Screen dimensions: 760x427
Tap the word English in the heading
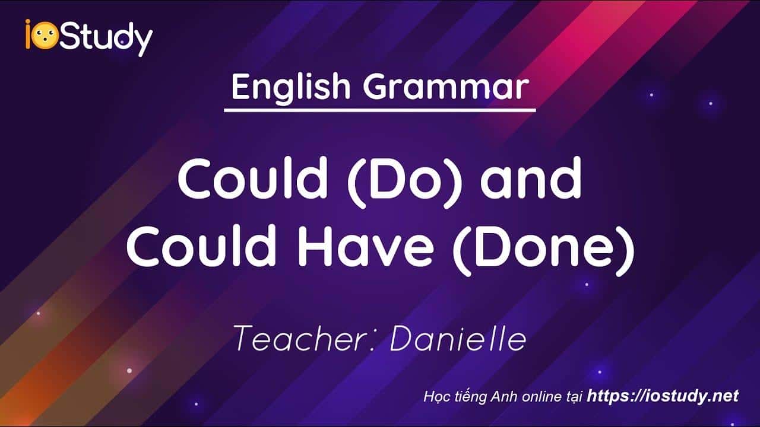point(291,87)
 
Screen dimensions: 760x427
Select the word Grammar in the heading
point(446,87)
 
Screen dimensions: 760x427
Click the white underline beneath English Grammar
point(379,110)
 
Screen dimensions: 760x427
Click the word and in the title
point(531,178)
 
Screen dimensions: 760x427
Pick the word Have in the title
point(365,246)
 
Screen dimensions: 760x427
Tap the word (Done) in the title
point(543,250)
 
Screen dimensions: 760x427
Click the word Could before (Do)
point(252,178)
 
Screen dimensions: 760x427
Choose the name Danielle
point(458,338)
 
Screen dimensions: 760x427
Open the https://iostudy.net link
point(663,396)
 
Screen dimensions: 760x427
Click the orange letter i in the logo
point(28,34)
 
